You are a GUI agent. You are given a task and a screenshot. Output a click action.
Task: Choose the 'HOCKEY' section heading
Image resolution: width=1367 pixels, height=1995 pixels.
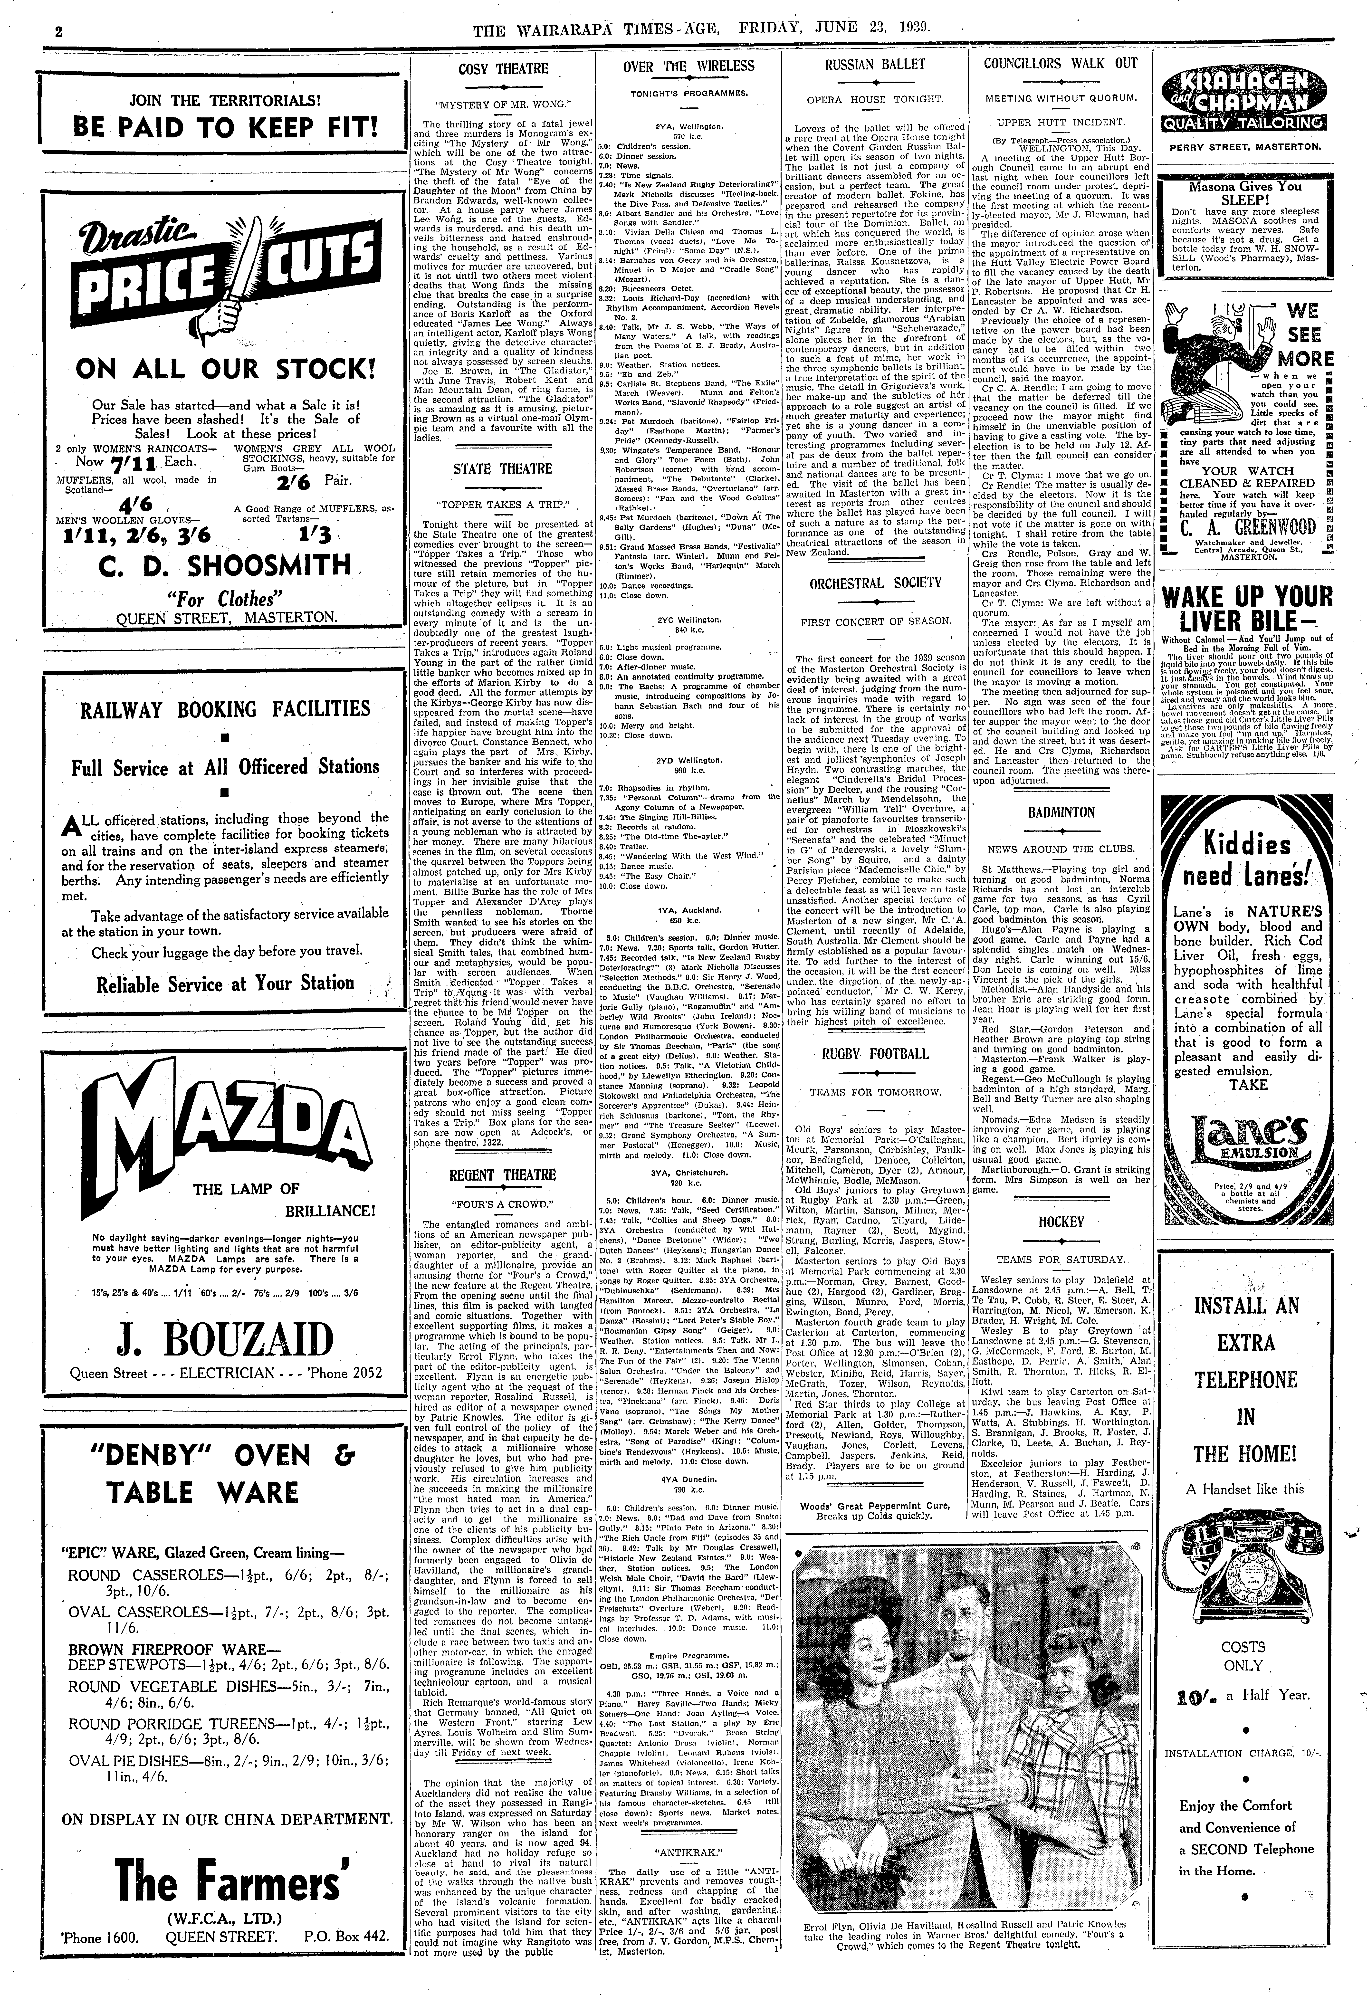point(1061,1222)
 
